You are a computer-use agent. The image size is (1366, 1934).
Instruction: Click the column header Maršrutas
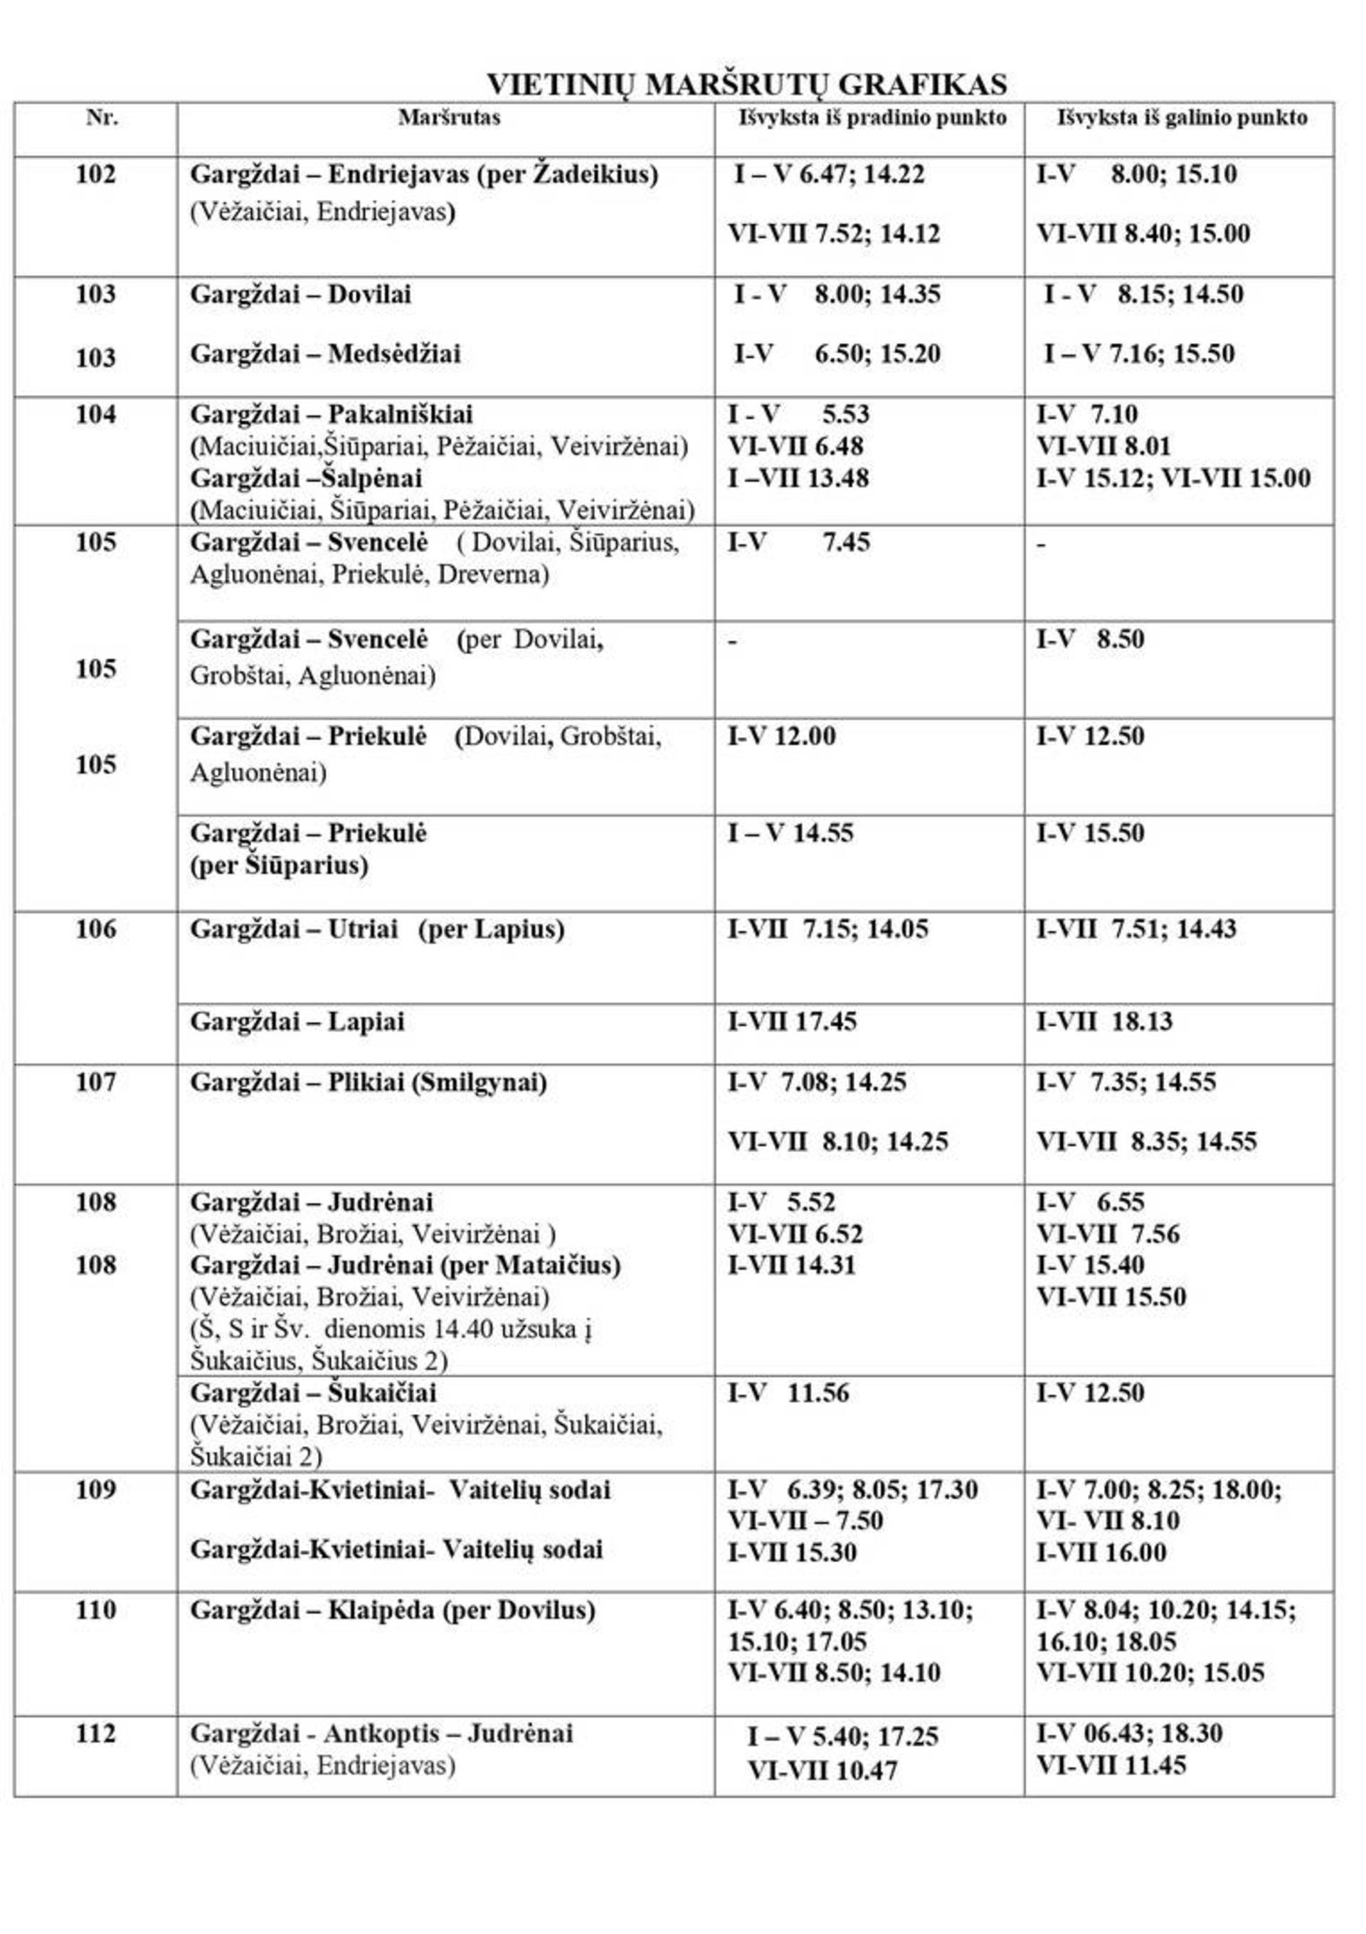coord(449,117)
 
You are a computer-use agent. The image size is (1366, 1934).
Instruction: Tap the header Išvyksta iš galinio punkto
coord(1182,117)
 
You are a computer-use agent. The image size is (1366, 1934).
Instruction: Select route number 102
coord(96,175)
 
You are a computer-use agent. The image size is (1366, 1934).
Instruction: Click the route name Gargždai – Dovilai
coord(301,295)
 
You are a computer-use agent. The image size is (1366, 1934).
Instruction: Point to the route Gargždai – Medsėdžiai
coord(325,354)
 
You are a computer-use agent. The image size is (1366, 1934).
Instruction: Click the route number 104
coord(96,414)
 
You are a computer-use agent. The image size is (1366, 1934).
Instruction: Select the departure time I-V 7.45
coord(798,542)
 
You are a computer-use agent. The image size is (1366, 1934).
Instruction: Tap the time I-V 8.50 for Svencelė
coord(1090,640)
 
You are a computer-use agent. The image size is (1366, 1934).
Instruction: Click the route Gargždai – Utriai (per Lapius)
coord(377,930)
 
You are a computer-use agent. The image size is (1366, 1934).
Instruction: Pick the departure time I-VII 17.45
coord(792,1022)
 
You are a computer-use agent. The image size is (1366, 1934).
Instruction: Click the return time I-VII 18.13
coord(1104,1022)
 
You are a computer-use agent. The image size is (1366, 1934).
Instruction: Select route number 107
coord(96,1082)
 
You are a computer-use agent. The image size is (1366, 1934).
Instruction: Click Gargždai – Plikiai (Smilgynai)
coord(368,1082)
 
